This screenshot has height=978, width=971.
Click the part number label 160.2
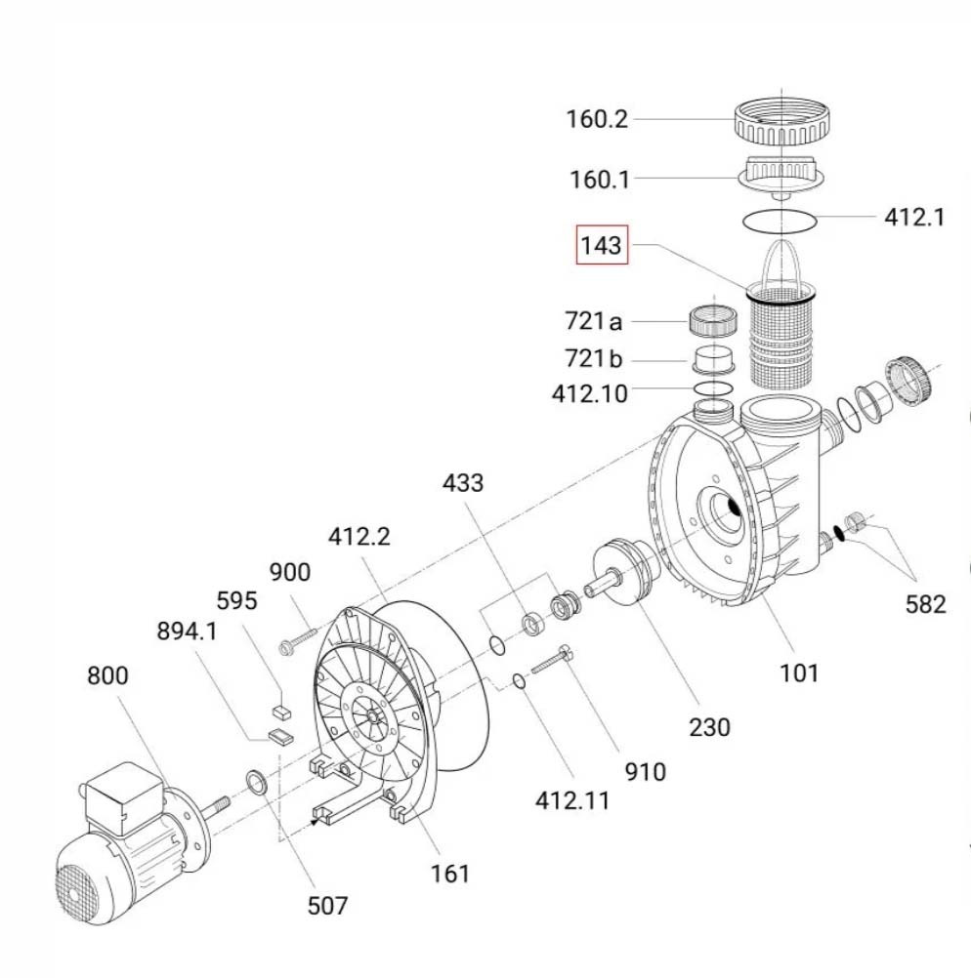click(x=597, y=120)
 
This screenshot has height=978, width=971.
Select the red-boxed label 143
click(x=600, y=247)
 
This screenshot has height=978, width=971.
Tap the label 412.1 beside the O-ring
click(x=914, y=217)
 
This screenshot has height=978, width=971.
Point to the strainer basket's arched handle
click(x=783, y=258)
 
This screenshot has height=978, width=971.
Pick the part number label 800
click(x=107, y=675)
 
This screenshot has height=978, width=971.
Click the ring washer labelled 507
click(x=258, y=781)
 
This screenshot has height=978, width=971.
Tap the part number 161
click(x=450, y=873)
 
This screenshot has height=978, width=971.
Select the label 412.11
click(x=571, y=800)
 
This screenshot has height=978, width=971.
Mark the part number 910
click(x=645, y=771)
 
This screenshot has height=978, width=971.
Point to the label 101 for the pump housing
click(x=798, y=672)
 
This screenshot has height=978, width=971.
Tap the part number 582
click(x=925, y=604)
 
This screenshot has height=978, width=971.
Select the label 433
click(x=462, y=482)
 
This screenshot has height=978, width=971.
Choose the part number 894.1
click(x=187, y=632)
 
